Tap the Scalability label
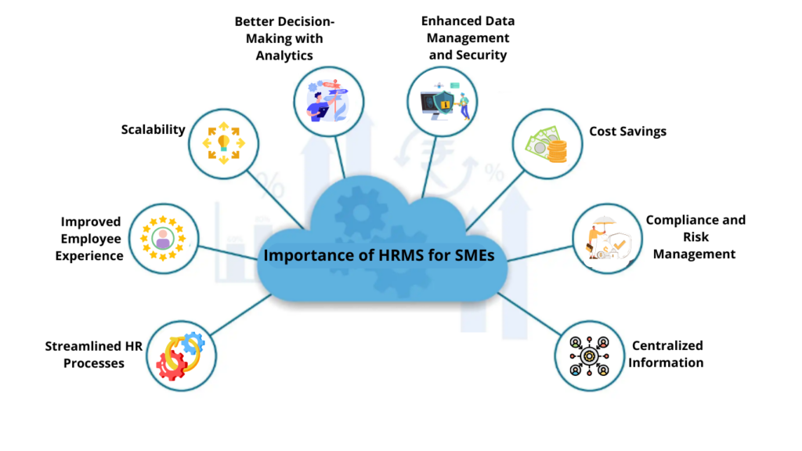pyautogui.click(x=153, y=129)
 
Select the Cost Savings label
pyautogui.click(x=627, y=132)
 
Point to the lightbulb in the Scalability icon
pyautogui.click(x=223, y=142)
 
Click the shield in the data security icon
pyautogui.click(x=443, y=104)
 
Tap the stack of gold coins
pyautogui.click(x=557, y=149)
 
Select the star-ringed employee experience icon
pyautogui.click(x=162, y=238)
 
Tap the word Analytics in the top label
pyautogui.click(x=284, y=56)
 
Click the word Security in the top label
pyautogui.click(x=483, y=56)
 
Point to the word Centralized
pyautogui.click(x=667, y=345)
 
